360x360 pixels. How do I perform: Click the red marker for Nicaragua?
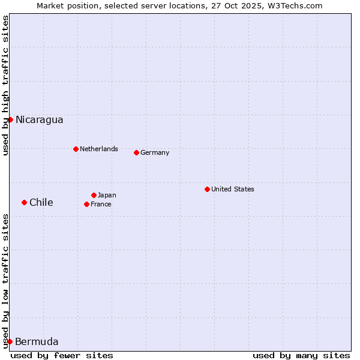coord(10,119)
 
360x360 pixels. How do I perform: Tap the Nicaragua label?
coord(39,120)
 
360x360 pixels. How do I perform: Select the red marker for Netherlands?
coord(76,149)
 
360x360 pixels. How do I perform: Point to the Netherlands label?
coord(98,149)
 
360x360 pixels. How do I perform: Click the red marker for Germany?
coord(136,152)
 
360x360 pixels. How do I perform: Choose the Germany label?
coord(155,152)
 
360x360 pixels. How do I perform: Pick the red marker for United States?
coord(207,189)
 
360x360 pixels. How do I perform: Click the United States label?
coord(232,189)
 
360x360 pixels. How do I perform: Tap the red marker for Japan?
coord(94,195)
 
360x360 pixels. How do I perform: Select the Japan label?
coord(107,195)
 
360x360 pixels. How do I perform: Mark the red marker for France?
coord(86,204)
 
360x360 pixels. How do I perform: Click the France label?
coord(101,204)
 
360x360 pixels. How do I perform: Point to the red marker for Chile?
coord(24,202)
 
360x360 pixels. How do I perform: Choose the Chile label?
coord(41,203)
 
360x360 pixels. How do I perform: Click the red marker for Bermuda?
coord(10,341)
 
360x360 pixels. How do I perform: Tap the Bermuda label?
coord(37,342)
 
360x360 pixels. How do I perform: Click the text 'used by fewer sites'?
coord(62,355)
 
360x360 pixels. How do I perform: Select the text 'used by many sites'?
coord(301,355)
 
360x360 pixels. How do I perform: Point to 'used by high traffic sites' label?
coord(5,85)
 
